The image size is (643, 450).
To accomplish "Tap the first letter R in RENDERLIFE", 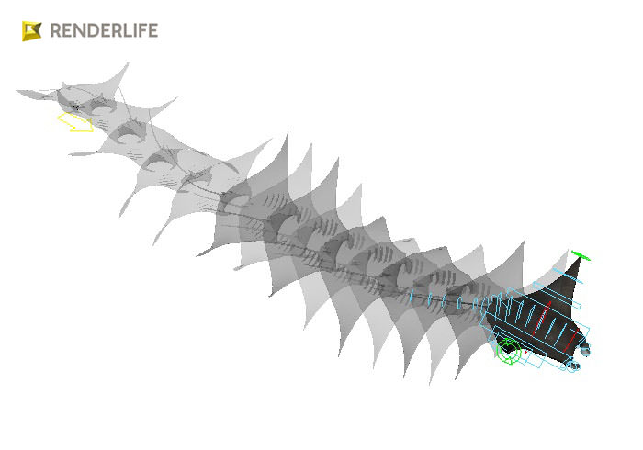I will click(x=56, y=30).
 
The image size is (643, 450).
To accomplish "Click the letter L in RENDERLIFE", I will click(x=124, y=30).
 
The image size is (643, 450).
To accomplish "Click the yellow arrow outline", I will click(x=73, y=122).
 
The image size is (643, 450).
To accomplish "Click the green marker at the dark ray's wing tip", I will click(x=579, y=254).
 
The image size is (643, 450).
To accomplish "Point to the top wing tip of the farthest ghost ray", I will click(x=123, y=65).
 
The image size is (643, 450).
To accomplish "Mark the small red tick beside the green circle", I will click(x=527, y=353).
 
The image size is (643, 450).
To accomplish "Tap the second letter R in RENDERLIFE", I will click(x=112, y=30).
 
